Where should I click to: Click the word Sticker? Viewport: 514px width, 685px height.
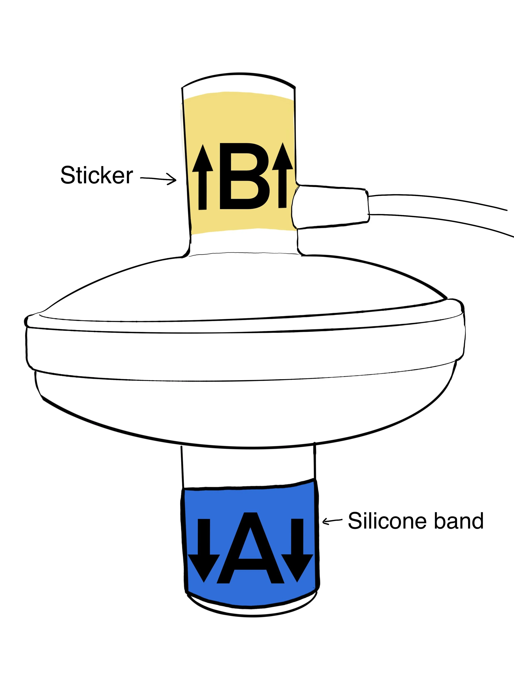point(97,175)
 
